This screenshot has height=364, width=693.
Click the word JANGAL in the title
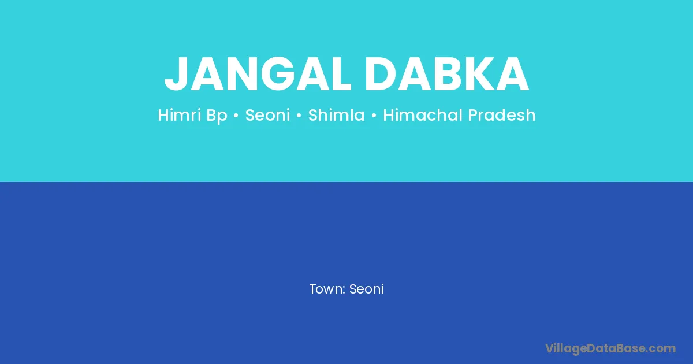258,74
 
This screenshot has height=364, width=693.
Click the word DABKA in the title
447,74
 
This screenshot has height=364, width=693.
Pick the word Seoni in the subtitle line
267,115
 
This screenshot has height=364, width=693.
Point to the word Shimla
336,115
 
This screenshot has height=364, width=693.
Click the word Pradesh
501,115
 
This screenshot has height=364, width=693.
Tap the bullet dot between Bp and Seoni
236,116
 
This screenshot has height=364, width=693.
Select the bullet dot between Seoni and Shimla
299,116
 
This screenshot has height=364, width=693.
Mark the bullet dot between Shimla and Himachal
374,116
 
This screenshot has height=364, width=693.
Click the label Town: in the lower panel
327,289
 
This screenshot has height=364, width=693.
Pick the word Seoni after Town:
366,289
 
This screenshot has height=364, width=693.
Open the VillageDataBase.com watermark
610,349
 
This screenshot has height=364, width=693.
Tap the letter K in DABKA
479,74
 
